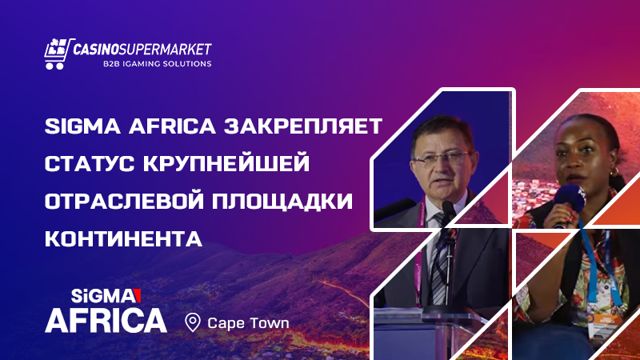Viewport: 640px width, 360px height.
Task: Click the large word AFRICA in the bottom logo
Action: point(106,319)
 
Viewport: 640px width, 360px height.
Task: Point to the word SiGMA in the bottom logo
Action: point(89,294)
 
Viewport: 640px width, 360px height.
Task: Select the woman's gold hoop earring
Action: point(614,173)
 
